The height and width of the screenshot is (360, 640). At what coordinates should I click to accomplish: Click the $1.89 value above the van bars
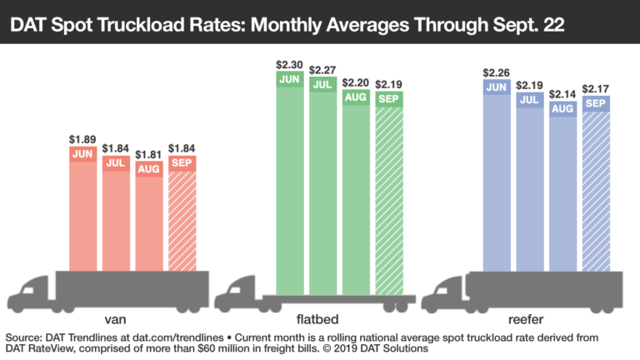click(x=82, y=139)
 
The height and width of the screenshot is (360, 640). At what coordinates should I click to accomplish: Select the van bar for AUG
click(x=149, y=221)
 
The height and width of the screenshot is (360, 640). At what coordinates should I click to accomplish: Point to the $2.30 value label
click(x=288, y=63)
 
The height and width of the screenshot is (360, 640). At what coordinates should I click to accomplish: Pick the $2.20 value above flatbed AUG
click(x=355, y=83)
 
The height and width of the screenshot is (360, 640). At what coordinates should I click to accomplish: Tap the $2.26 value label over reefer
click(x=495, y=72)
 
